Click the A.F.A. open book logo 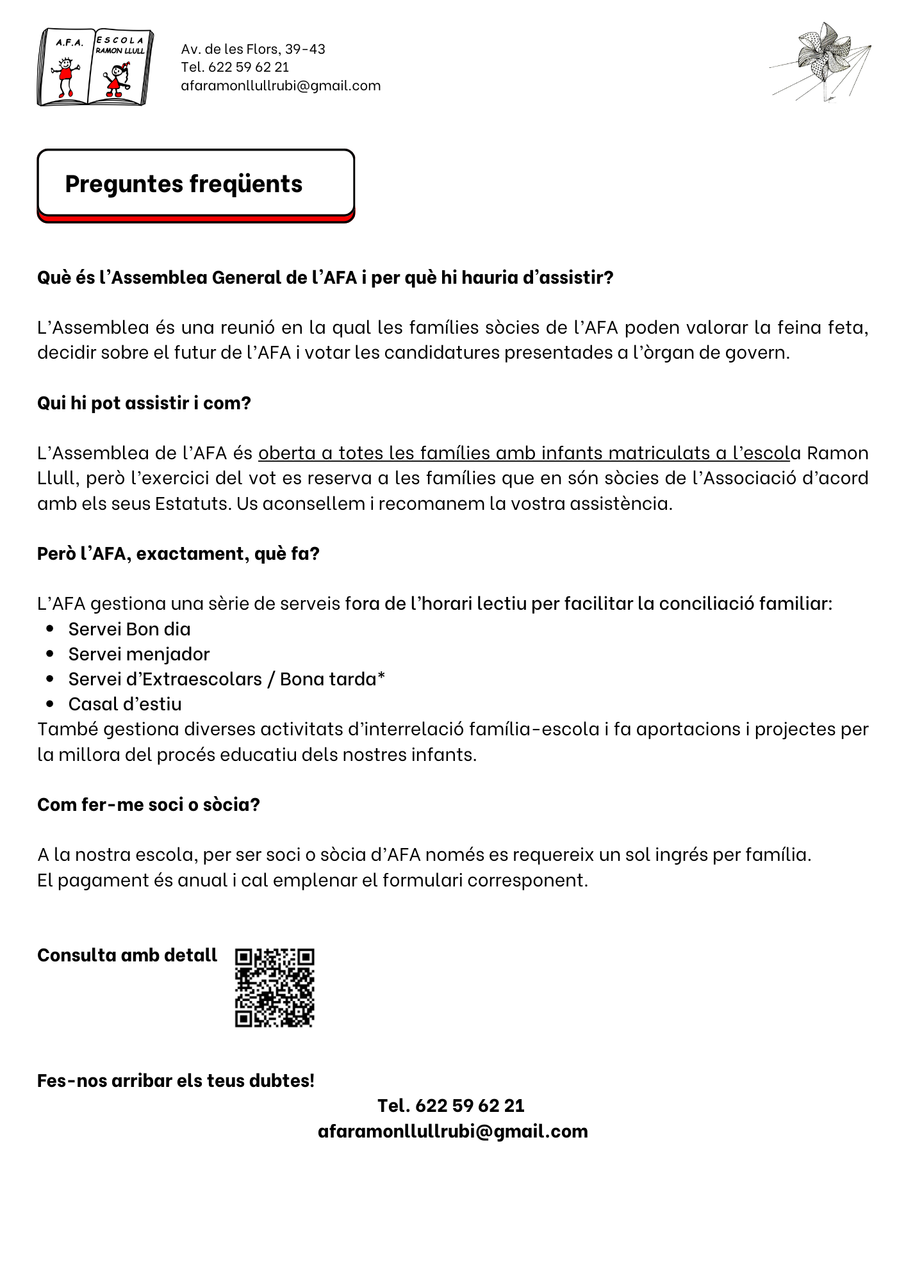(95, 67)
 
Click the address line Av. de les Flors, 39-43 (253, 49)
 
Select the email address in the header (281, 86)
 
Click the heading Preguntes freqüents (184, 184)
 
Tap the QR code (274, 987)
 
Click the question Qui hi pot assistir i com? (144, 403)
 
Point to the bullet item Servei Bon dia (129, 629)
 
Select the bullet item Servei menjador (139, 654)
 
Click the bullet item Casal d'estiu (125, 704)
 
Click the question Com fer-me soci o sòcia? (149, 804)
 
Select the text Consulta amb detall (128, 955)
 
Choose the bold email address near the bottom (452, 1131)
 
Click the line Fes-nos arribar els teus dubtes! (176, 1081)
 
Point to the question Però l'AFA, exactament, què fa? (178, 553)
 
